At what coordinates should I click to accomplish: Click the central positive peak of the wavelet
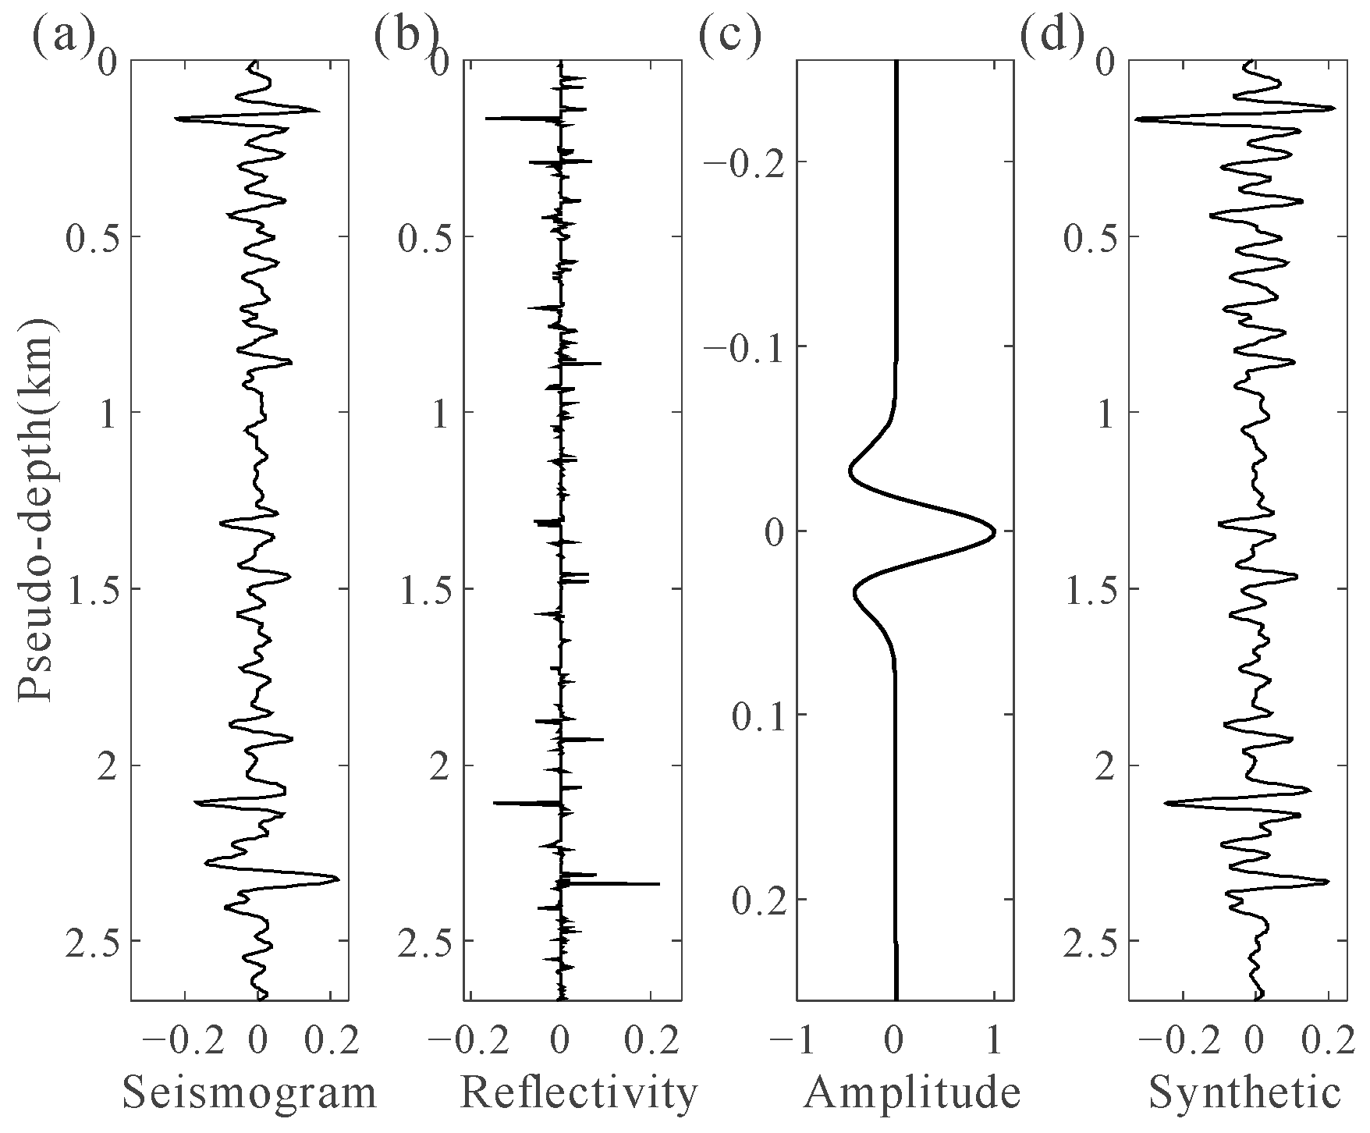[x=992, y=533]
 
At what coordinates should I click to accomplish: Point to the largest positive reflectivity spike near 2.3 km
[x=657, y=883]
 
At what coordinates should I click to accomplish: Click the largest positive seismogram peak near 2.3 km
[x=336, y=879]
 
